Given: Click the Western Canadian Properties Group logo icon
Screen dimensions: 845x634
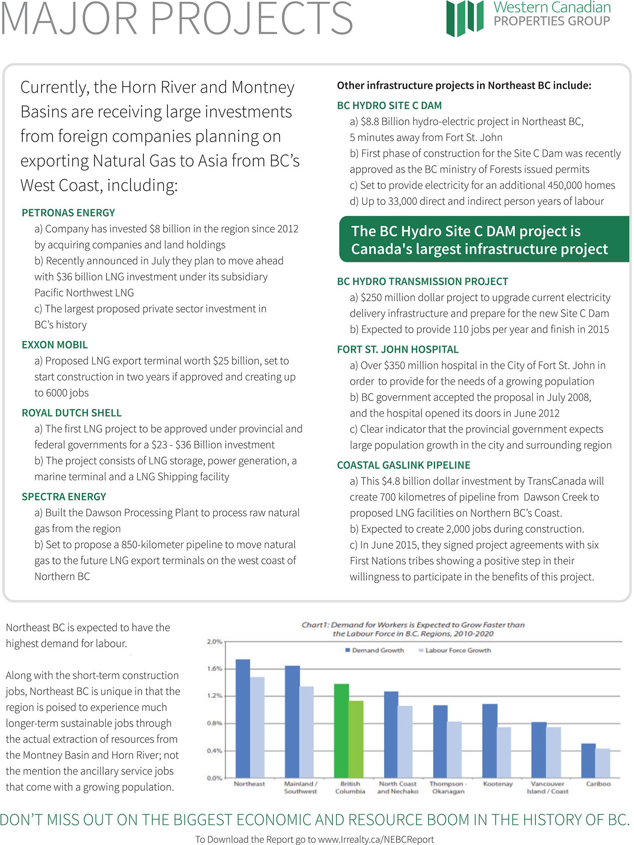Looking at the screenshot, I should (465, 18).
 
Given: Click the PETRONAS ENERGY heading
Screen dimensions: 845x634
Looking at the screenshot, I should (68, 213).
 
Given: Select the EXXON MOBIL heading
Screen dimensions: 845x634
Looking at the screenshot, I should (55, 345).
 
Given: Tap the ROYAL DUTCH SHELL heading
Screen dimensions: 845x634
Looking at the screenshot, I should (72, 413).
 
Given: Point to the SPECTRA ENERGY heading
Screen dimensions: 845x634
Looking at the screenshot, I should (64, 497).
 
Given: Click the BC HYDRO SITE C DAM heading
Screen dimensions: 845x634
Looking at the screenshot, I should (389, 106).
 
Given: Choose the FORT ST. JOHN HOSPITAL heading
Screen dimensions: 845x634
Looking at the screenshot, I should (398, 350).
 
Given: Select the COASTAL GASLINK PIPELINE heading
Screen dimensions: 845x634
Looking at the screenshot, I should (404, 466).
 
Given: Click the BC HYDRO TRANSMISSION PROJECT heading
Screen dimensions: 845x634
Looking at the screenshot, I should (423, 282).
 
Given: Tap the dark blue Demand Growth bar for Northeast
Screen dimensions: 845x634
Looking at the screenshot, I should (243, 718).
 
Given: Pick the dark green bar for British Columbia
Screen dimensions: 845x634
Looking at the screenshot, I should (342, 731).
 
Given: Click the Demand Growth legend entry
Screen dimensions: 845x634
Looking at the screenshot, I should (375, 650).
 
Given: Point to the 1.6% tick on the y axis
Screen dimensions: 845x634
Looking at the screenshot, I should (214, 669).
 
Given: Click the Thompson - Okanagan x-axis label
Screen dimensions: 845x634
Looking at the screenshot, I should (448, 788).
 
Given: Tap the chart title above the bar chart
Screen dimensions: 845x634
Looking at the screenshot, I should (413, 629).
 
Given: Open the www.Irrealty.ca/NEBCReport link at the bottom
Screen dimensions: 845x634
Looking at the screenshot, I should (376, 840).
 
